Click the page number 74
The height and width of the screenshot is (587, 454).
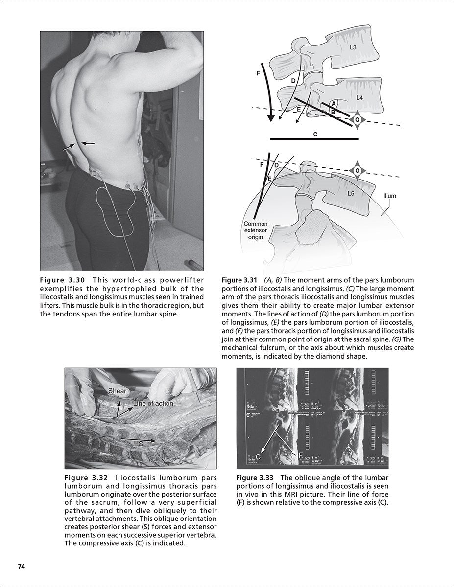21,566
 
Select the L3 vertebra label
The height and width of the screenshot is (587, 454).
353,48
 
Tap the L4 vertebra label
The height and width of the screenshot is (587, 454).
359,98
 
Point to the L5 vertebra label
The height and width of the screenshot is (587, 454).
351,193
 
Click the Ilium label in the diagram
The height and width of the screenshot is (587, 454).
390,196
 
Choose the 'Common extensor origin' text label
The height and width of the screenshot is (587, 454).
256,230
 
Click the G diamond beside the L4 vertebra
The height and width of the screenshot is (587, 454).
357,119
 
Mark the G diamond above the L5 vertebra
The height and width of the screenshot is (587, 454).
357,171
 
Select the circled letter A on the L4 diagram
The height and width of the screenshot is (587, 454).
333,104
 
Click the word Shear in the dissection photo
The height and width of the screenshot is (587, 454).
117,391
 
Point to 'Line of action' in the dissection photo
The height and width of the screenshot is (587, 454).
153,404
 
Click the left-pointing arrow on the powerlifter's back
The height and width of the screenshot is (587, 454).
88,143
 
